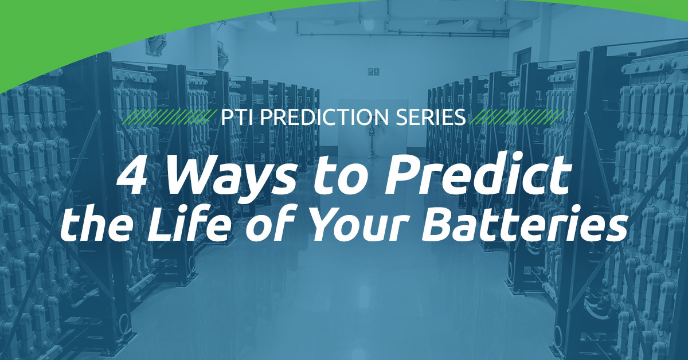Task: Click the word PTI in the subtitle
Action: point(237,118)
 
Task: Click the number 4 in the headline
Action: point(132,179)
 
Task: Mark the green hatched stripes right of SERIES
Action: point(518,118)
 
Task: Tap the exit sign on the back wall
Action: point(373,72)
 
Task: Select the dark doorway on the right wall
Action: point(523,61)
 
